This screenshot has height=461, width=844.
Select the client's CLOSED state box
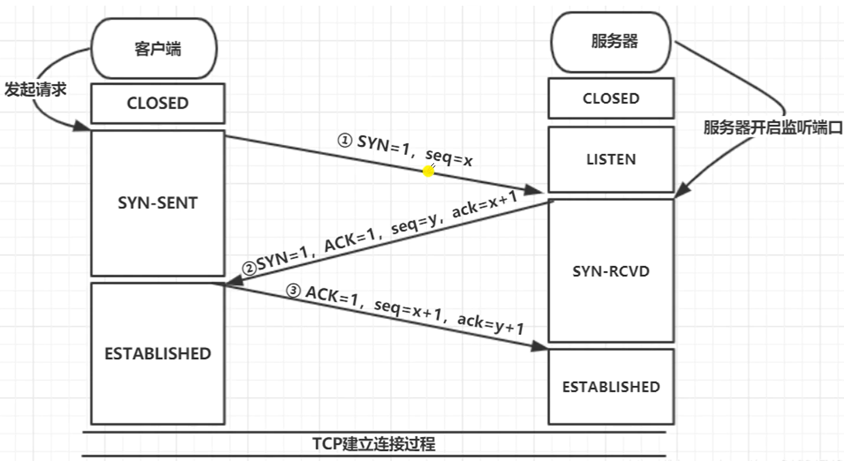(x=157, y=103)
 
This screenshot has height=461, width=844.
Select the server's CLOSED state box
(x=611, y=98)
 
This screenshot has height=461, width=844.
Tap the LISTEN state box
(x=611, y=160)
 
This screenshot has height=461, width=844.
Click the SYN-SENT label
(x=157, y=203)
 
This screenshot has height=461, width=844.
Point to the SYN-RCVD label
(x=611, y=271)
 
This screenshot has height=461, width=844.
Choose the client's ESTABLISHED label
(x=157, y=353)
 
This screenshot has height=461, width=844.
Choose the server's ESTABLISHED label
(x=611, y=387)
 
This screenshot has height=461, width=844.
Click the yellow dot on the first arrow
(x=429, y=171)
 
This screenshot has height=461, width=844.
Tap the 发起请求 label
(x=35, y=89)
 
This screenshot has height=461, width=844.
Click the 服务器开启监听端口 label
(x=772, y=129)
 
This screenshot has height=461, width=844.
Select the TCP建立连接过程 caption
(x=374, y=443)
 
